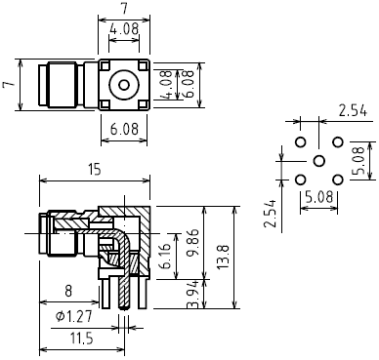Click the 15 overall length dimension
pos(95,170)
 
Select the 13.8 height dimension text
pos(224,257)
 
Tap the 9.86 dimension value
pos(194,242)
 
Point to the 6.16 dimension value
pos(167,256)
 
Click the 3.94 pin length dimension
pos(193,295)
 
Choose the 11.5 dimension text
pos(81,339)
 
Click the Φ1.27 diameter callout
pos(74,316)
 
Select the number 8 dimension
pos(68,291)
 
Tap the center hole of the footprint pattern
pos(319,161)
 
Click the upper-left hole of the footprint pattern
pos(301,142)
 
